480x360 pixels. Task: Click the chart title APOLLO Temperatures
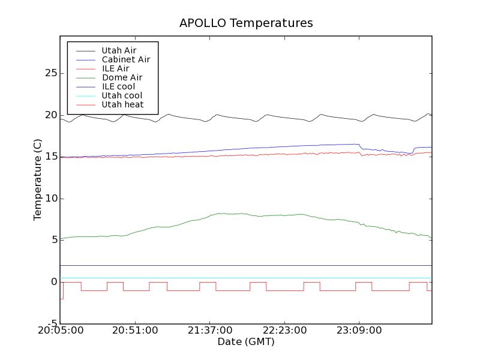pyautogui.click(x=246, y=23)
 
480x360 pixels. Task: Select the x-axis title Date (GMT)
pyautogui.click(x=246, y=342)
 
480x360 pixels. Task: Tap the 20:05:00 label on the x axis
pyautogui.click(x=60, y=331)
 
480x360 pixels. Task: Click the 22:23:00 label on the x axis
pyautogui.click(x=284, y=331)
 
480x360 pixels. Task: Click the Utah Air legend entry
pyautogui.click(x=119, y=50)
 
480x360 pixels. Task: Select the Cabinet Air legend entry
pyautogui.click(x=125, y=59)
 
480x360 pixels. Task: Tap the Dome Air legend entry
pyautogui.click(x=122, y=77)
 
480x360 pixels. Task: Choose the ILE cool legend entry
pyautogui.click(x=118, y=86)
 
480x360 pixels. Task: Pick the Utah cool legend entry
pyautogui.click(x=122, y=95)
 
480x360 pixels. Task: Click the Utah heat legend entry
pyautogui.click(x=122, y=104)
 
